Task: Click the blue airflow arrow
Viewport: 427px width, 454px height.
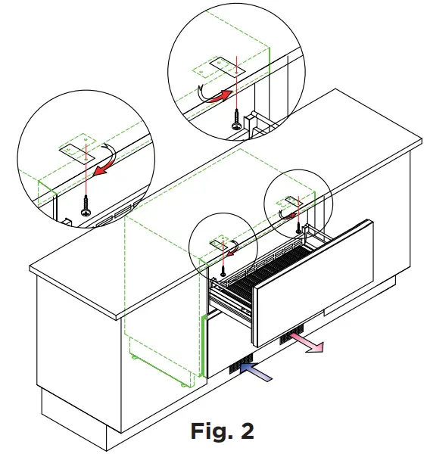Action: (254, 370)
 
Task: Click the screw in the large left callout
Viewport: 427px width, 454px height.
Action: (85, 205)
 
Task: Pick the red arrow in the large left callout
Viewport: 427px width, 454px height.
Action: (101, 162)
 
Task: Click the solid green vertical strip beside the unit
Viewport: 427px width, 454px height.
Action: (203, 348)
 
